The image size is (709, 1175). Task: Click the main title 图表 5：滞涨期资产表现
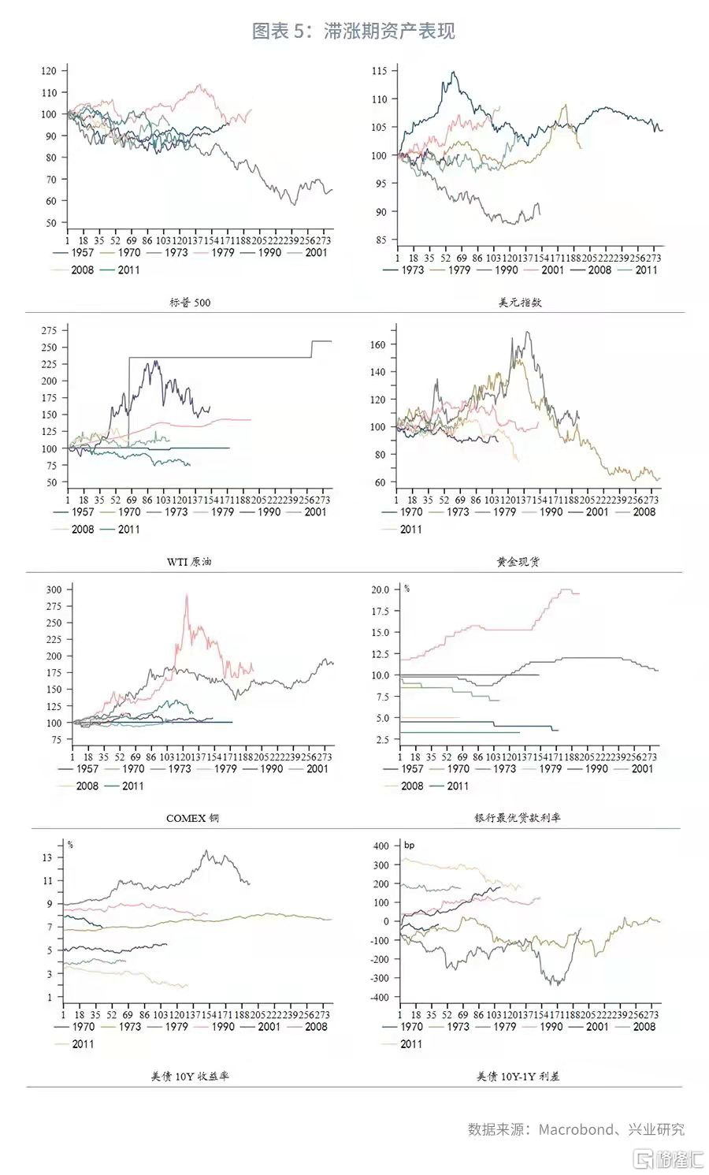coord(353,31)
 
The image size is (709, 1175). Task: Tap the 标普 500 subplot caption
coord(190,302)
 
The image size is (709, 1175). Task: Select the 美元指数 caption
coord(520,302)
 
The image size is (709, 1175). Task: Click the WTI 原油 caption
coord(189,562)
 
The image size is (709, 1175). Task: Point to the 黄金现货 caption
coord(518,562)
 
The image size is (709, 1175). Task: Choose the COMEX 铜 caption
coord(192,818)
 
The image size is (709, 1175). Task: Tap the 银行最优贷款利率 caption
coord(518,818)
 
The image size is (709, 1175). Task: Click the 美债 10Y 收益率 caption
coord(190,1076)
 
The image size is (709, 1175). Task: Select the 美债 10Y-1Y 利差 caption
coord(518,1076)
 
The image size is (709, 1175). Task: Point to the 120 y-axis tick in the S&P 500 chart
coord(49,71)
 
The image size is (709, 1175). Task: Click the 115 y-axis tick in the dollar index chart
coord(379,71)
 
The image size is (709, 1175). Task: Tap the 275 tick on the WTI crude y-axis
coord(49,330)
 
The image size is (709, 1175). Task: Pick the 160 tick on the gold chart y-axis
coord(377,344)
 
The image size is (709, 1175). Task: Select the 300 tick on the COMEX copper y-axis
coord(54,589)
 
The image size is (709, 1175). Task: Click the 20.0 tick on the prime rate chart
coord(380,589)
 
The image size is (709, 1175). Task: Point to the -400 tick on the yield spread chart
coord(380,997)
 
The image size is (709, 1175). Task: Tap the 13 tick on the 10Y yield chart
coord(48,857)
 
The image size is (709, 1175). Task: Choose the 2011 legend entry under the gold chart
coord(410,530)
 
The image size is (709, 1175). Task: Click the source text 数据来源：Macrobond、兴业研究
coord(576,1129)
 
